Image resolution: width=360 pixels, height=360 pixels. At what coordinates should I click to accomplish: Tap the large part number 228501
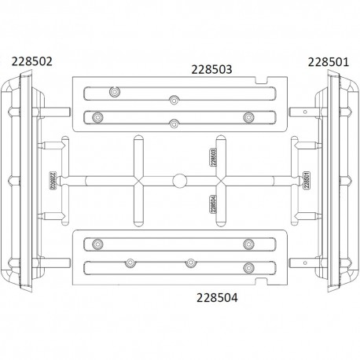click(x=329, y=61)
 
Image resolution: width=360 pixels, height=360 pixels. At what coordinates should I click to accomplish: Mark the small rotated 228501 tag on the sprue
click(x=305, y=181)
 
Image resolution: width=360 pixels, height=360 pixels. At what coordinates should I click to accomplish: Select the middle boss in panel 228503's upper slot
click(x=173, y=99)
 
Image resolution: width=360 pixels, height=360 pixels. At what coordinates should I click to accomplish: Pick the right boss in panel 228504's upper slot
click(x=248, y=243)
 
